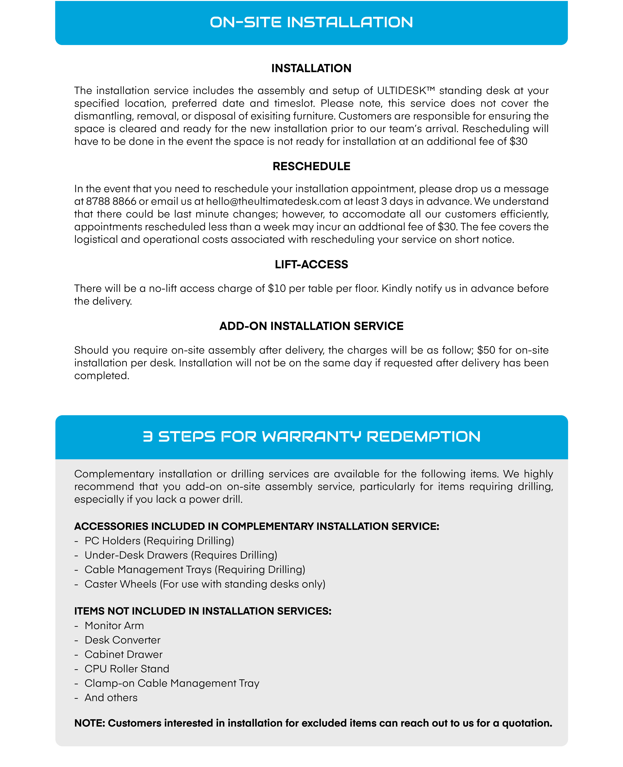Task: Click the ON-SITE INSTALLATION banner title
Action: [x=311, y=22]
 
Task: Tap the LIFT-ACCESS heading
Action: [x=311, y=265]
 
